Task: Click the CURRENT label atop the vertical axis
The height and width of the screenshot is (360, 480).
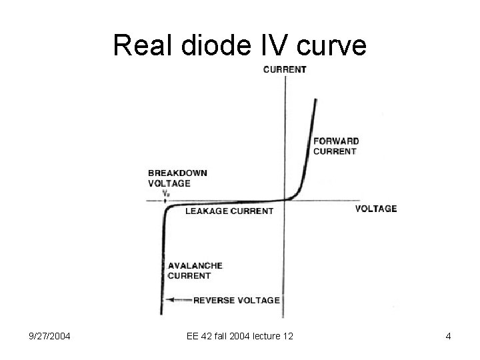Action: tap(285, 69)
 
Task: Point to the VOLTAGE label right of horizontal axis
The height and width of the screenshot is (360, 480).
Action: tap(375, 209)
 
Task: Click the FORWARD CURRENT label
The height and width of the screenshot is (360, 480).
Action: tap(336, 146)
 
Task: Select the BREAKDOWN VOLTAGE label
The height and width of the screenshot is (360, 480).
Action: tap(177, 178)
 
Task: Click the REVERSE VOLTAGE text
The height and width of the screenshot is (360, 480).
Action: tap(236, 300)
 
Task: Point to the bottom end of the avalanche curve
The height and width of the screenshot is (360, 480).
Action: tap(162, 312)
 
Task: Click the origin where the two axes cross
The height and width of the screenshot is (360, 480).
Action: tap(286, 199)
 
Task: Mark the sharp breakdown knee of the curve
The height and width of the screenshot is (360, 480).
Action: tap(165, 208)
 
